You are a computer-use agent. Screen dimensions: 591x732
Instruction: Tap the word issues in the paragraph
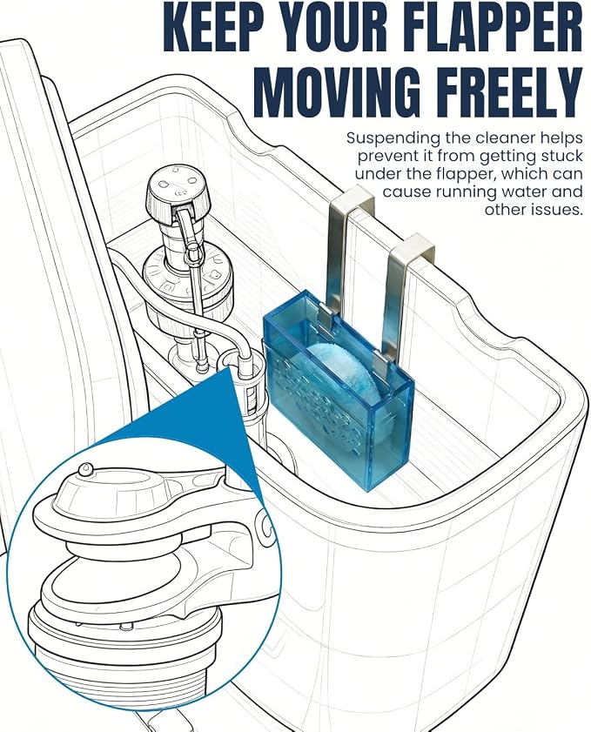click(557, 209)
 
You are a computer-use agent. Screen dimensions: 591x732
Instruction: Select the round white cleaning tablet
click(346, 382)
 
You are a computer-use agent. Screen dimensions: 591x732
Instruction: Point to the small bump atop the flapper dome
click(85, 469)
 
